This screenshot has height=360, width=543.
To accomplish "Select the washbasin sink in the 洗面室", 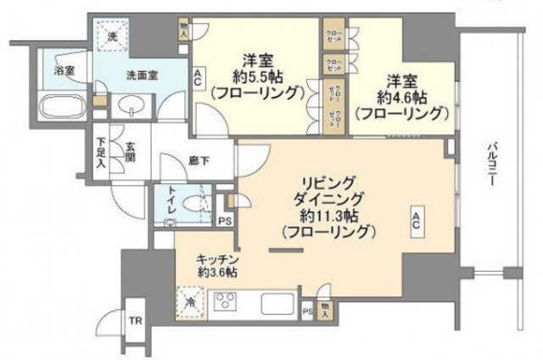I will point(133,104).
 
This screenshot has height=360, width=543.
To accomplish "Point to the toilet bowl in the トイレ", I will point(199,205).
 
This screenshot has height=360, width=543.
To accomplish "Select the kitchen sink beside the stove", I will point(277,302).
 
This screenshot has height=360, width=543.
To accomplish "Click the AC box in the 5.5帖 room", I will point(197,79).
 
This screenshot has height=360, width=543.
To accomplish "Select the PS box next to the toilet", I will point(224,221).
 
